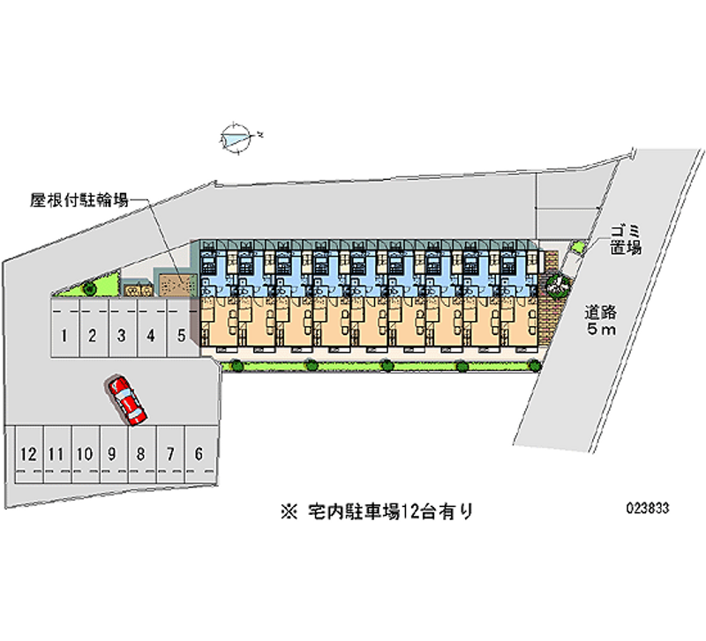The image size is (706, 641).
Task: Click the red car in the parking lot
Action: (x=128, y=400)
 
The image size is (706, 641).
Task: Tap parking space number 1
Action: (x=64, y=335)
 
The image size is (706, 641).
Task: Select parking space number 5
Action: (x=181, y=335)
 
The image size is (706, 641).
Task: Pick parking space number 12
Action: (x=28, y=455)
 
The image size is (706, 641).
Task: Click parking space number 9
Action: (x=113, y=455)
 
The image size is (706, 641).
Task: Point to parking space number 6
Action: (x=199, y=455)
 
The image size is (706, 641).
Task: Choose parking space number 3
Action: (x=122, y=335)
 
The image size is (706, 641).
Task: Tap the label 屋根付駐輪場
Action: (x=79, y=201)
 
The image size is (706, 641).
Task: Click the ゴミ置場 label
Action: (x=624, y=240)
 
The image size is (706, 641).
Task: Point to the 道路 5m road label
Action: (x=605, y=320)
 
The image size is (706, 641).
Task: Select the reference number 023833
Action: (x=647, y=509)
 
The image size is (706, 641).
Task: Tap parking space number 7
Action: (x=170, y=455)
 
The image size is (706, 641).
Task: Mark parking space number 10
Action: (x=85, y=455)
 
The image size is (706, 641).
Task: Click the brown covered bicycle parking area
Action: (x=174, y=285)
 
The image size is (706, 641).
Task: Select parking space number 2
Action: (x=92, y=335)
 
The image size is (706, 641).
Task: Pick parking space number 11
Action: (x=56, y=455)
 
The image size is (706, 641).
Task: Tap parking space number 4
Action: (x=152, y=335)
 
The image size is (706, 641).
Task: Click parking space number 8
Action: (x=141, y=455)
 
